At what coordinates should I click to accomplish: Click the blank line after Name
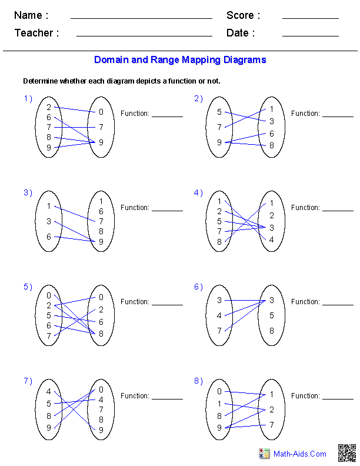[141, 18]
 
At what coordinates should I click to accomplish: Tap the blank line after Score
[311, 18]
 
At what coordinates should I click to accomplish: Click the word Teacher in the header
[34, 33]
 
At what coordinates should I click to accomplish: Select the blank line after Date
[311, 36]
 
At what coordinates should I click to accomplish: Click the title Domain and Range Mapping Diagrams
[180, 60]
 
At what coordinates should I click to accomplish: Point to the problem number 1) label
[28, 98]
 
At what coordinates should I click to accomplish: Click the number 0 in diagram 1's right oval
[101, 112]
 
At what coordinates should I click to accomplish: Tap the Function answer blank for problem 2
[338, 116]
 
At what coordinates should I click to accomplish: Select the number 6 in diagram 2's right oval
[272, 134]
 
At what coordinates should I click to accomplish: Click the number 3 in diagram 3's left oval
[49, 221]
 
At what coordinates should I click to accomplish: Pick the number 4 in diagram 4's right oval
[272, 239]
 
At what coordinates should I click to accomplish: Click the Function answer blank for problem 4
[338, 211]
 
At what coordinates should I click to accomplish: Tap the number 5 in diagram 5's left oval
[49, 315]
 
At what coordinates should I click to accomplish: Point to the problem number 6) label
[198, 287]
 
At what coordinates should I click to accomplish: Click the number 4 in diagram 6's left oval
[219, 315]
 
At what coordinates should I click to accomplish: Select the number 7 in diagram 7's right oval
[101, 410]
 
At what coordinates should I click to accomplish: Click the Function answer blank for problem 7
[168, 399]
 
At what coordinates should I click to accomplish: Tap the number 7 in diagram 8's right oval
[272, 425]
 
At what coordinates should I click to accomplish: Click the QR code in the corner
[347, 453]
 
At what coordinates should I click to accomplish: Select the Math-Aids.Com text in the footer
[299, 454]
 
